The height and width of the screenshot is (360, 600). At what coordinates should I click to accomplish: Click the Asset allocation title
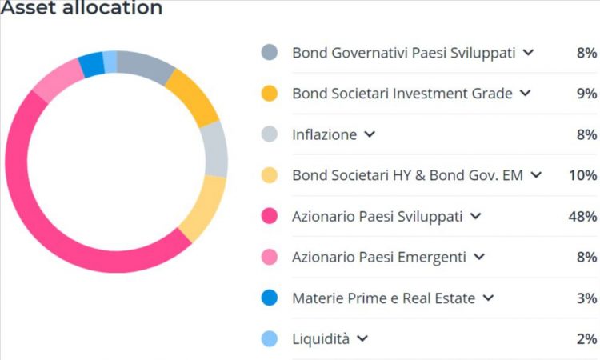point(82,9)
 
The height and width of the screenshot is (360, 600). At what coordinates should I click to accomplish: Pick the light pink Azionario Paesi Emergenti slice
point(58,81)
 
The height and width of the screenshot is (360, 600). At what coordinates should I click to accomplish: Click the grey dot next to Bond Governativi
point(270,53)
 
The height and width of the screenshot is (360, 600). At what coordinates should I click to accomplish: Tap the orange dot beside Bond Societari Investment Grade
point(270,94)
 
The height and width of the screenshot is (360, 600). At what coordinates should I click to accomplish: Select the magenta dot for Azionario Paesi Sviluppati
point(270,216)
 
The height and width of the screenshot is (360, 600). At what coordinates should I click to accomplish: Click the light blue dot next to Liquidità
point(270,339)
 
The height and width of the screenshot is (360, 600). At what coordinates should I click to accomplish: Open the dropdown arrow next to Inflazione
point(369,134)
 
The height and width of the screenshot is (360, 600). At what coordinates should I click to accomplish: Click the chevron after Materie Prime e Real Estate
point(488,298)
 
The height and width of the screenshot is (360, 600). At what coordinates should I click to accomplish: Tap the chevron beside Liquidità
point(362,339)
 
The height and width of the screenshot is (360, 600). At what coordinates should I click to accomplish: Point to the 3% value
point(586,298)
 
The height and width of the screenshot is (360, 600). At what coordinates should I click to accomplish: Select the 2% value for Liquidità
point(586,339)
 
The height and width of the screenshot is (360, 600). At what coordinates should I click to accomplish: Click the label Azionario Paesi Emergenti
point(378,258)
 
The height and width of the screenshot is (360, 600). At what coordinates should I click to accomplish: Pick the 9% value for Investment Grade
point(586,94)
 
